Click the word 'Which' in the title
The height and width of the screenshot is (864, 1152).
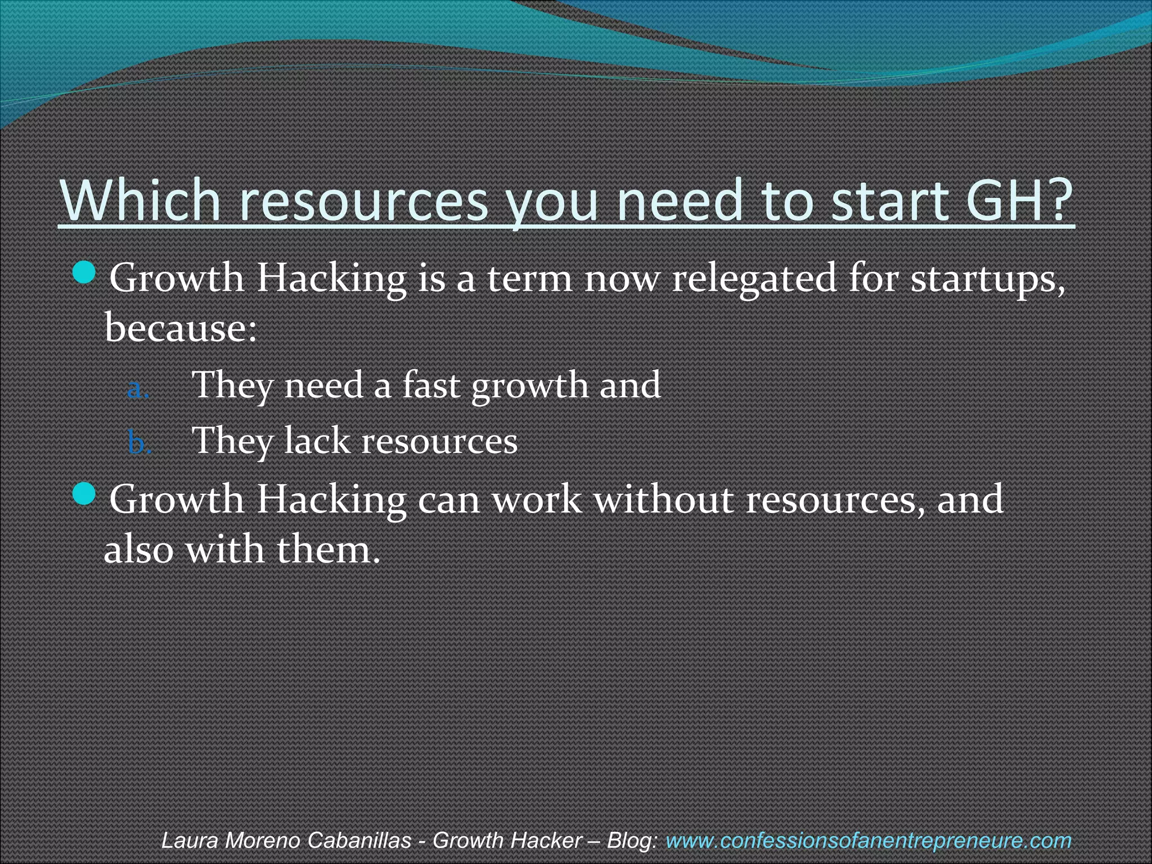point(141,200)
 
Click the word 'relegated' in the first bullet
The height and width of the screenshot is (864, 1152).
point(754,279)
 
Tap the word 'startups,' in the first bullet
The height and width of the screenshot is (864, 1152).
point(988,280)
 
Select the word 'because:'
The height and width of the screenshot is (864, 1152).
point(181,327)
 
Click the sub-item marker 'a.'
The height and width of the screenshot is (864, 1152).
point(138,389)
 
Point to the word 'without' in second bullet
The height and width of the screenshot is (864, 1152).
point(664,499)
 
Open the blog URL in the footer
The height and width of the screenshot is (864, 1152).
point(868,840)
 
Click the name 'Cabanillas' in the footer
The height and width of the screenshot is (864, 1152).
point(359,840)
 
